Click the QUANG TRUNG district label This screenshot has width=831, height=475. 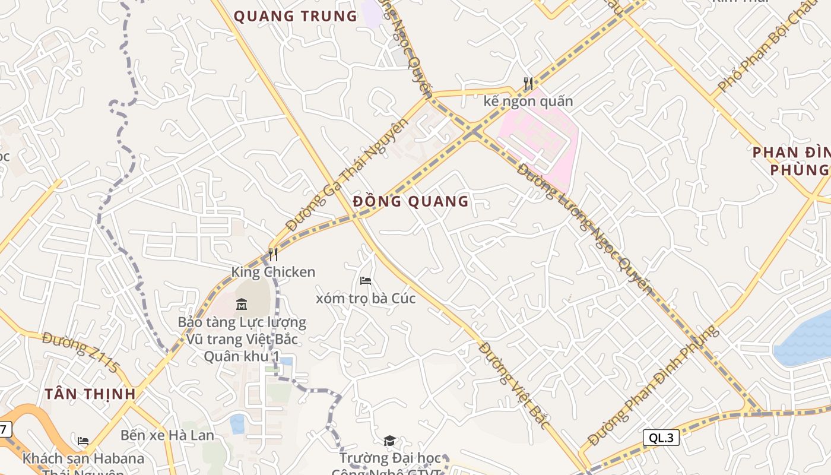(x=296, y=16)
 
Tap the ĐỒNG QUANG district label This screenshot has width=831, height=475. (x=411, y=201)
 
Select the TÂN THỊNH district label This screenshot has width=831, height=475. (x=90, y=394)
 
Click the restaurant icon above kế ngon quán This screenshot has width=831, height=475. (x=528, y=84)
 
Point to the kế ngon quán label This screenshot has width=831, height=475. (x=528, y=101)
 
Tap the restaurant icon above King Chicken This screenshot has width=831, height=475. (x=273, y=255)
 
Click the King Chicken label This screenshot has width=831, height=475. (x=273, y=272)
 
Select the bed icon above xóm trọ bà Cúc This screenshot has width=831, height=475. (x=366, y=280)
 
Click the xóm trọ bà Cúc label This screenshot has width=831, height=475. (x=366, y=298)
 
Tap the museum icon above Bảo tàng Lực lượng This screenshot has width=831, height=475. (x=242, y=305)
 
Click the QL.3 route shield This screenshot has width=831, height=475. (x=661, y=438)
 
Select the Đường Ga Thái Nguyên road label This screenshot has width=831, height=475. (x=347, y=175)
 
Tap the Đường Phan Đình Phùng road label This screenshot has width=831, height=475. (x=653, y=385)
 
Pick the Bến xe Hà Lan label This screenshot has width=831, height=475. (x=167, y=435)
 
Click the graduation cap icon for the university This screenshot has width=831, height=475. (x=389, y=441)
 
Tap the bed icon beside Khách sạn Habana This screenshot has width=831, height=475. (x=83, y=441)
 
